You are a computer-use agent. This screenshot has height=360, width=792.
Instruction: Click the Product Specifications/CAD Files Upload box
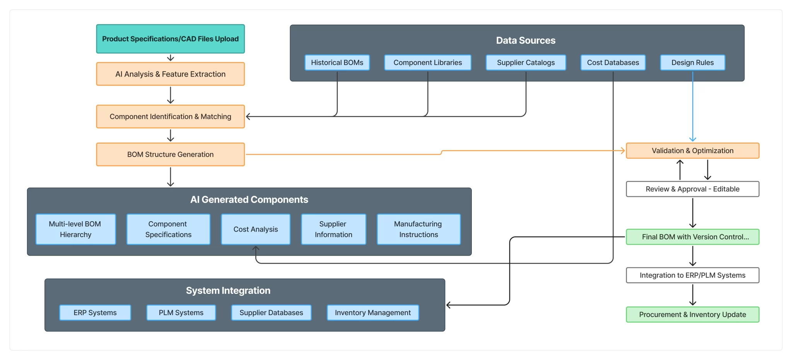pos(170,39)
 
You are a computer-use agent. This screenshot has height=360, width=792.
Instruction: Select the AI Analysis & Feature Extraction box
pos(170,74)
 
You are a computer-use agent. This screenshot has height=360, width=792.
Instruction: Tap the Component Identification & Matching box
pos(170,116)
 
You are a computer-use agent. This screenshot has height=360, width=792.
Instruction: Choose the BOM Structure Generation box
pos(170,154)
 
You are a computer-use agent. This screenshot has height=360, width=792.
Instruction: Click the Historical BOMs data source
pos(337,63)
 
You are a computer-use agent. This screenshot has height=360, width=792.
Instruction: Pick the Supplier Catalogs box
pos(526,63)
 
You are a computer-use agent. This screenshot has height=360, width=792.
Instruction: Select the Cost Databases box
pos(613,63)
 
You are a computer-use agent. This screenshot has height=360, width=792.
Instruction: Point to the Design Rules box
pos(692,63)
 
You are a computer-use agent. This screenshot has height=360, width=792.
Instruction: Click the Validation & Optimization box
pos(692,151)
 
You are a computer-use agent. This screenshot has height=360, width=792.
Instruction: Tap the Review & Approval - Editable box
pos(692,189)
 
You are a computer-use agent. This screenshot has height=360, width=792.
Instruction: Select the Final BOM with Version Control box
pos(692,237)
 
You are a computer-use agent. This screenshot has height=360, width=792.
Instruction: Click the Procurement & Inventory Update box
pos(692,314)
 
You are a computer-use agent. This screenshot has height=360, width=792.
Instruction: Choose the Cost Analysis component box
pos(256,229)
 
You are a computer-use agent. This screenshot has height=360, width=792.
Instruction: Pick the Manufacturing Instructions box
pos(418,229)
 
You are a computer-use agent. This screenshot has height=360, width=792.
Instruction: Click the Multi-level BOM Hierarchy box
pos(75,229)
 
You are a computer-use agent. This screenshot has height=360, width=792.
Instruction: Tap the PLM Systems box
pos(181,312)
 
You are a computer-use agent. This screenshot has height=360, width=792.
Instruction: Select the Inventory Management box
pos(373,312)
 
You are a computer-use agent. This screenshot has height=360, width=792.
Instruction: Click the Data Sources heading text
pos(526,40)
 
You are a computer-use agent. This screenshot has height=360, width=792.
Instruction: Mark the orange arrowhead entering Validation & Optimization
pos(623,151)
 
